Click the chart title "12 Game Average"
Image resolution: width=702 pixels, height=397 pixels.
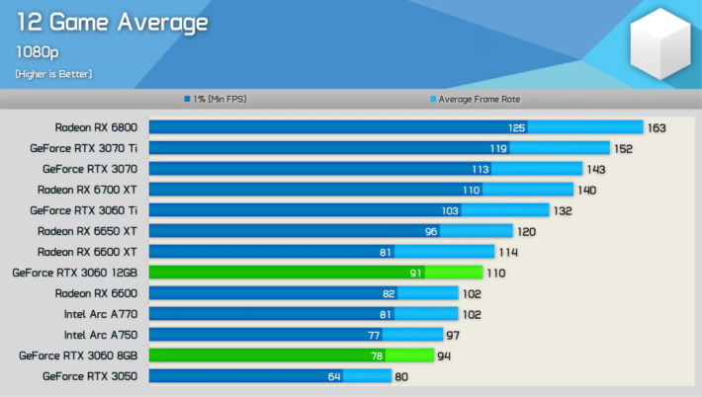click(x=112, y=22)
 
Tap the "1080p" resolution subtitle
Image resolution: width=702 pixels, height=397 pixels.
click(x=37, y=51)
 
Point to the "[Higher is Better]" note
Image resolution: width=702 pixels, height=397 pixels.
click(x=53, y=74)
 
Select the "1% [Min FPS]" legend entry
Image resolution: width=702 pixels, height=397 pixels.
click(x=217, y=99)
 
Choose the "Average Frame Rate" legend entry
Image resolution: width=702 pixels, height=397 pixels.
click(x=475, y=99)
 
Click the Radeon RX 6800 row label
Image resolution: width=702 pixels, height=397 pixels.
click(x=96, y=127)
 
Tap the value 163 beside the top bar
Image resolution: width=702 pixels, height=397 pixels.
click(x=658, y=127)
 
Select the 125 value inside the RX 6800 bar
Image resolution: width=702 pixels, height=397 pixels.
click(x=516, y=127)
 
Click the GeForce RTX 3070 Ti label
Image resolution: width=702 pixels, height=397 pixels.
click(x=84, y=148)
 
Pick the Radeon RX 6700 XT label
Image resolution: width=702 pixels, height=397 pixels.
click(x=88, y=190)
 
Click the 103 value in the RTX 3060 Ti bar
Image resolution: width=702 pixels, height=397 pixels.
click(x=450, y=210)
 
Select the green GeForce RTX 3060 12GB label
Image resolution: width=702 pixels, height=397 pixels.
click(x=75, y=273)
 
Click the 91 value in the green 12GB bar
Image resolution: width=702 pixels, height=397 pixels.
click(x=416, y=273)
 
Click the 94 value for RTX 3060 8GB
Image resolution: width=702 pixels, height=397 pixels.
click(x=445, y=356)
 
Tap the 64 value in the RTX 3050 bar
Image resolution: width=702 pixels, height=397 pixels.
click(x=334, y=376)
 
